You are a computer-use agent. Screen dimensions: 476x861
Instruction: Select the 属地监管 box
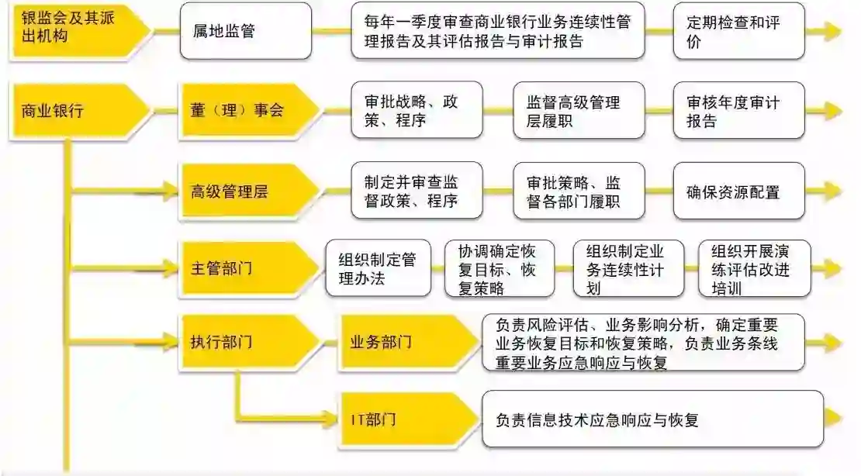click(x=245, y=31)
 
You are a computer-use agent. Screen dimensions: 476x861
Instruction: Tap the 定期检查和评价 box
click(x=738, y=31)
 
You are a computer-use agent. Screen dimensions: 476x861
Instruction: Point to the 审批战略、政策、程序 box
click(x=416, y=110)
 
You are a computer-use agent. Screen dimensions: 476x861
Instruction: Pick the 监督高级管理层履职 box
click(x=578, y=110)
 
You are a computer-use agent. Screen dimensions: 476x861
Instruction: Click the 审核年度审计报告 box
click(x=738, y=110)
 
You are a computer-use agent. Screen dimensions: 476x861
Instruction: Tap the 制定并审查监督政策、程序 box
click(x=416, y=191)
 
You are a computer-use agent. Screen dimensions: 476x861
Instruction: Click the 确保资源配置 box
click(x=738, y=191)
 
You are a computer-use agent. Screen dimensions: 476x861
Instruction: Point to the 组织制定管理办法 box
click(x=378, y=268)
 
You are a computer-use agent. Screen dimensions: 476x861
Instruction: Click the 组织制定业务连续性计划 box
click(x=628, y=268)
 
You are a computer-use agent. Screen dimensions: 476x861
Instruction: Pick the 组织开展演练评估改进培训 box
click(x=753, y=268)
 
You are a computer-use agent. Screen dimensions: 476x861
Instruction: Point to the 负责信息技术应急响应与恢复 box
click(x=652, y=419)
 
